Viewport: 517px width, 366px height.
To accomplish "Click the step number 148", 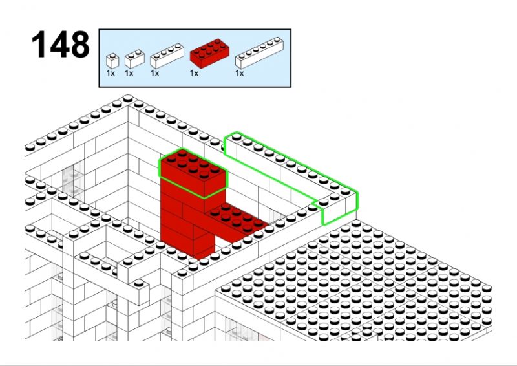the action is coord(61,44).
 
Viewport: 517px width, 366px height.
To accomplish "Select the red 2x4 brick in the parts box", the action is coord(209,53).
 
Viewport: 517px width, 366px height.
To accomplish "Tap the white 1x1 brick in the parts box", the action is coord(112,61).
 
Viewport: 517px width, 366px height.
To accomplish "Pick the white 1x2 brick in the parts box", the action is coord(134,59).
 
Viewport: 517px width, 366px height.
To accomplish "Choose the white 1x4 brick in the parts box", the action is coord(167,56).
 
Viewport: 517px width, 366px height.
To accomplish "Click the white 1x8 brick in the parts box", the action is coord(259,53).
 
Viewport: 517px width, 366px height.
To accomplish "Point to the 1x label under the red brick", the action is coord(195,73).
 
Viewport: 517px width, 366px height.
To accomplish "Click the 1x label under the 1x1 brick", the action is coord(111,73).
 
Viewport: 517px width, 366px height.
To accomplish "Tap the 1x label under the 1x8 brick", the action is coord(240,73).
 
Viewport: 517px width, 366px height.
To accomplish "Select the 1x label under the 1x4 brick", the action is coord(155,73).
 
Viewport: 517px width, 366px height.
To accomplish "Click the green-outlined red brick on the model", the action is coord(193,173).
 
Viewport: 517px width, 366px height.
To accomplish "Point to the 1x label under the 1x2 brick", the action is coord(129,73).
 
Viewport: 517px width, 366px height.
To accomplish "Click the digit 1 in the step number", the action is coord(39,44).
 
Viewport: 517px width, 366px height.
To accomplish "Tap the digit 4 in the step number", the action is coord(59,44).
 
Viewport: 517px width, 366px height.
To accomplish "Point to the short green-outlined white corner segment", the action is coord(338,208).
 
